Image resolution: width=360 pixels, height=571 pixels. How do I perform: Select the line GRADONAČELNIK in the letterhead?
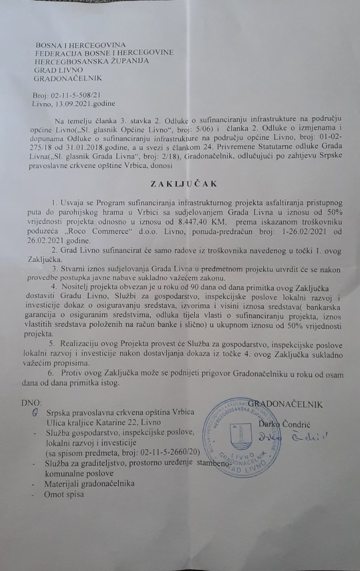[67, 78]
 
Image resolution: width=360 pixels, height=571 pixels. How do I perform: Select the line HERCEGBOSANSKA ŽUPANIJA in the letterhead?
[92, 61]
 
